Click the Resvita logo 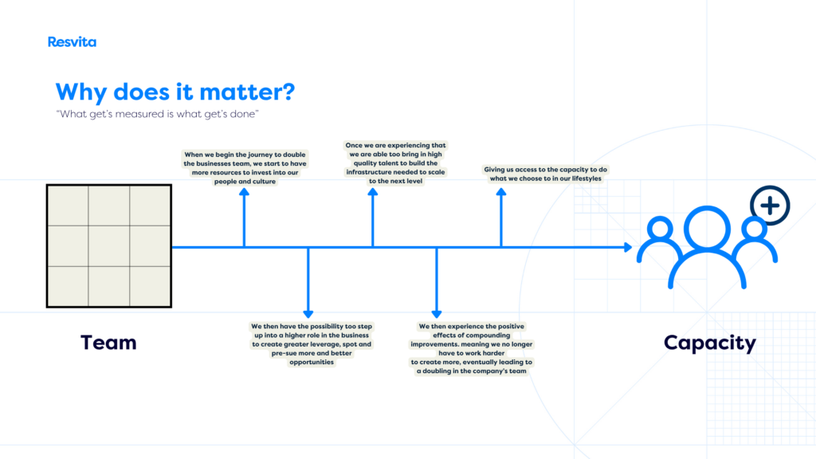point(72,41)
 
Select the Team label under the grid point(108,343)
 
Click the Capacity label point(709,343)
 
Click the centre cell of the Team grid point(108,246)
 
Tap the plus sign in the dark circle point(771,206)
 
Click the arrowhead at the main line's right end point(628,247)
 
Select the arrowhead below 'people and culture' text point(244,192)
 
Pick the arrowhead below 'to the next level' point(373,192)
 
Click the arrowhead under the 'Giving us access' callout point(501,192)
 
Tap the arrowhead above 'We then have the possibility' point(308,314)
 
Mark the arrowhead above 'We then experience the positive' point(437,314)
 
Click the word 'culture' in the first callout point(263,182)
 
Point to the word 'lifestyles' point(586,178)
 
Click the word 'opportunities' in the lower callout point(312,363)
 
